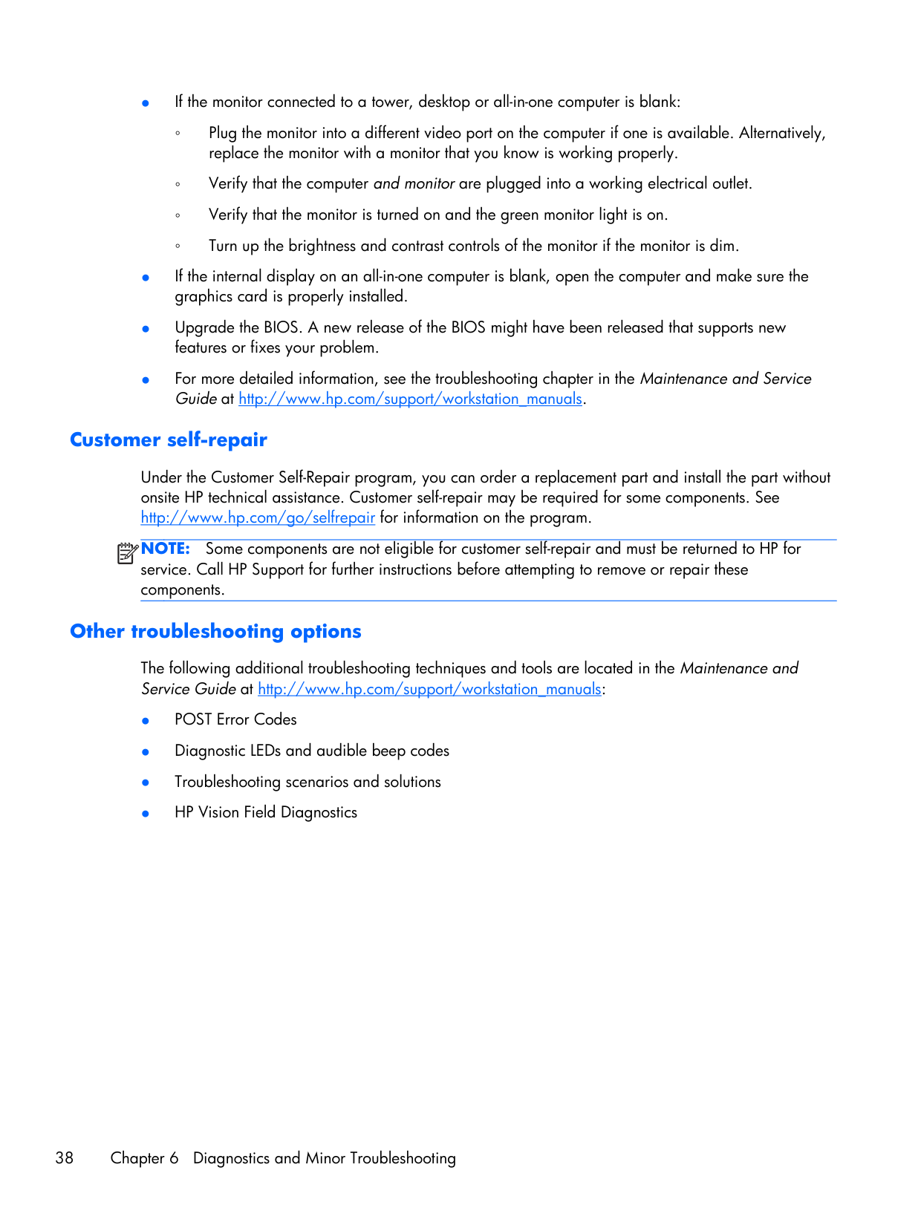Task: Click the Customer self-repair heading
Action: (x=169, y=440)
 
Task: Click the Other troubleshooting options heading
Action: (x=215, y=632)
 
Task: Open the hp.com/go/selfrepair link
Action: (x=258, y=517)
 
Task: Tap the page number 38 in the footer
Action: (x=65, y=1158)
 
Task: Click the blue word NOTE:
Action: (x=166, y=549)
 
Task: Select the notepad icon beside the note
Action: (x=127, y=553)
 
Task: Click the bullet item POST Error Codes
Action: (x=235, y=719)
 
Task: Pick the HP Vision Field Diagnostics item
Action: (x=266, y=812)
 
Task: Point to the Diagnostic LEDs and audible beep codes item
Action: (x=312, y=751)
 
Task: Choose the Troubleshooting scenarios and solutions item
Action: (x=307, y=782)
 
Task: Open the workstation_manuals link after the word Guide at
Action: (x=410, y=399)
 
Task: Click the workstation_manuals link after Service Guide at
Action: (x=429, y=689)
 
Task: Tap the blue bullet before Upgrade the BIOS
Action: (x=146, y=328)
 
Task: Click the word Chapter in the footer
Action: (x=137, y=1158)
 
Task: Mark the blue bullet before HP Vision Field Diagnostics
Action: (x=146, y=813)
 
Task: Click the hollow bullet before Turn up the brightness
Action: (x=178, y=246)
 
